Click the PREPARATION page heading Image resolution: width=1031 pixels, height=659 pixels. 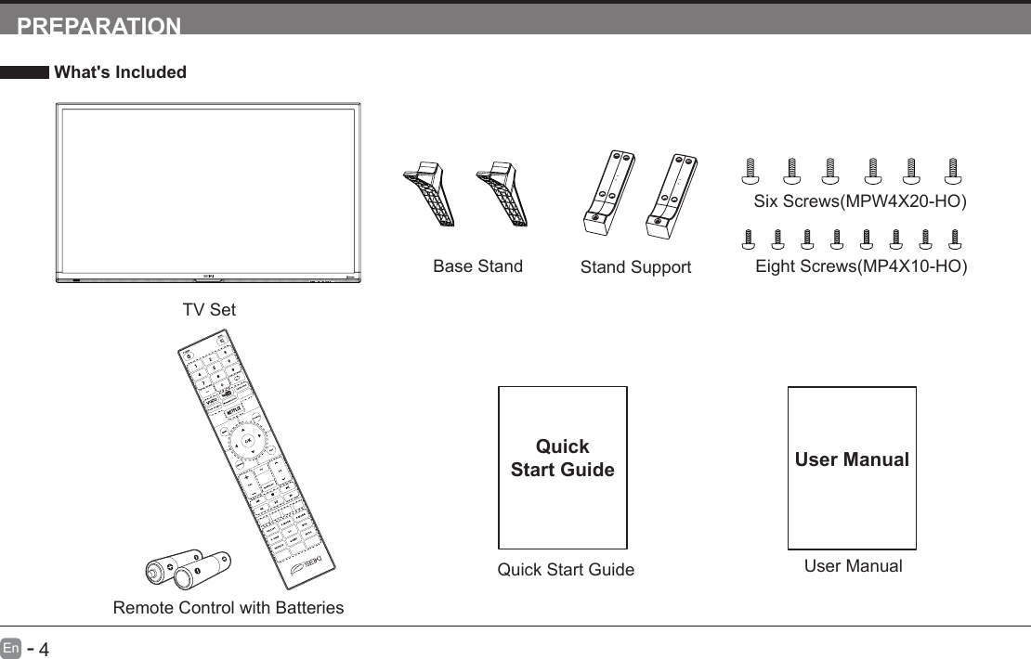point(99,25)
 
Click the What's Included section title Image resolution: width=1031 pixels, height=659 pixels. point(121,72)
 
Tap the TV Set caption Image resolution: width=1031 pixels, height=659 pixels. point(209,310)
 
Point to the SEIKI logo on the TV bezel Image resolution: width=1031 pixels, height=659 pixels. point(208,277)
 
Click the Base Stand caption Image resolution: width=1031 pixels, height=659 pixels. point(477,266)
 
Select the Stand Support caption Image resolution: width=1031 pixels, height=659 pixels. point(635,267)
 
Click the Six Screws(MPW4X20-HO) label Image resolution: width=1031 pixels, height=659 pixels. point(860,202)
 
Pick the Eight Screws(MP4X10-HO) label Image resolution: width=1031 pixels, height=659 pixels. point(861,266)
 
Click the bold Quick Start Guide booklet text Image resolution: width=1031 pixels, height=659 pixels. point(563,458)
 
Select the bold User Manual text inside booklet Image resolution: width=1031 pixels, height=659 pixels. point(852,459)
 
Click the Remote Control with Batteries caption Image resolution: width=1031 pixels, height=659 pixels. point(228,608)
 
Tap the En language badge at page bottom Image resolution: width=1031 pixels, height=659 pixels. point(10,646)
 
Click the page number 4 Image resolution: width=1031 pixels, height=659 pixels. point(42,647)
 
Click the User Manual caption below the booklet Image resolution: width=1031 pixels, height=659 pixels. point(853,565)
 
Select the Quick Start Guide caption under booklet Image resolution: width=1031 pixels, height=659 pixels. point(566,570)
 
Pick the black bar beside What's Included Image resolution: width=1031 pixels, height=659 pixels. point(24,72)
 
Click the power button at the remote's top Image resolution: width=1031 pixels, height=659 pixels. point(186,353)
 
